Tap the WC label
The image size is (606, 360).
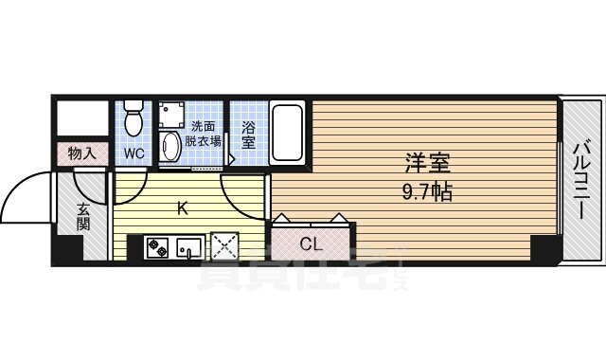click(133, 152)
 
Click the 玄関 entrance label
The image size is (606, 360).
click(82, 217)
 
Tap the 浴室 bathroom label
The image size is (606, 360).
click(247, 134)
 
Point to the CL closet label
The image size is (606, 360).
click(311, 244)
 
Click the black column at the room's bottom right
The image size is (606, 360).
click(544, 248)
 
